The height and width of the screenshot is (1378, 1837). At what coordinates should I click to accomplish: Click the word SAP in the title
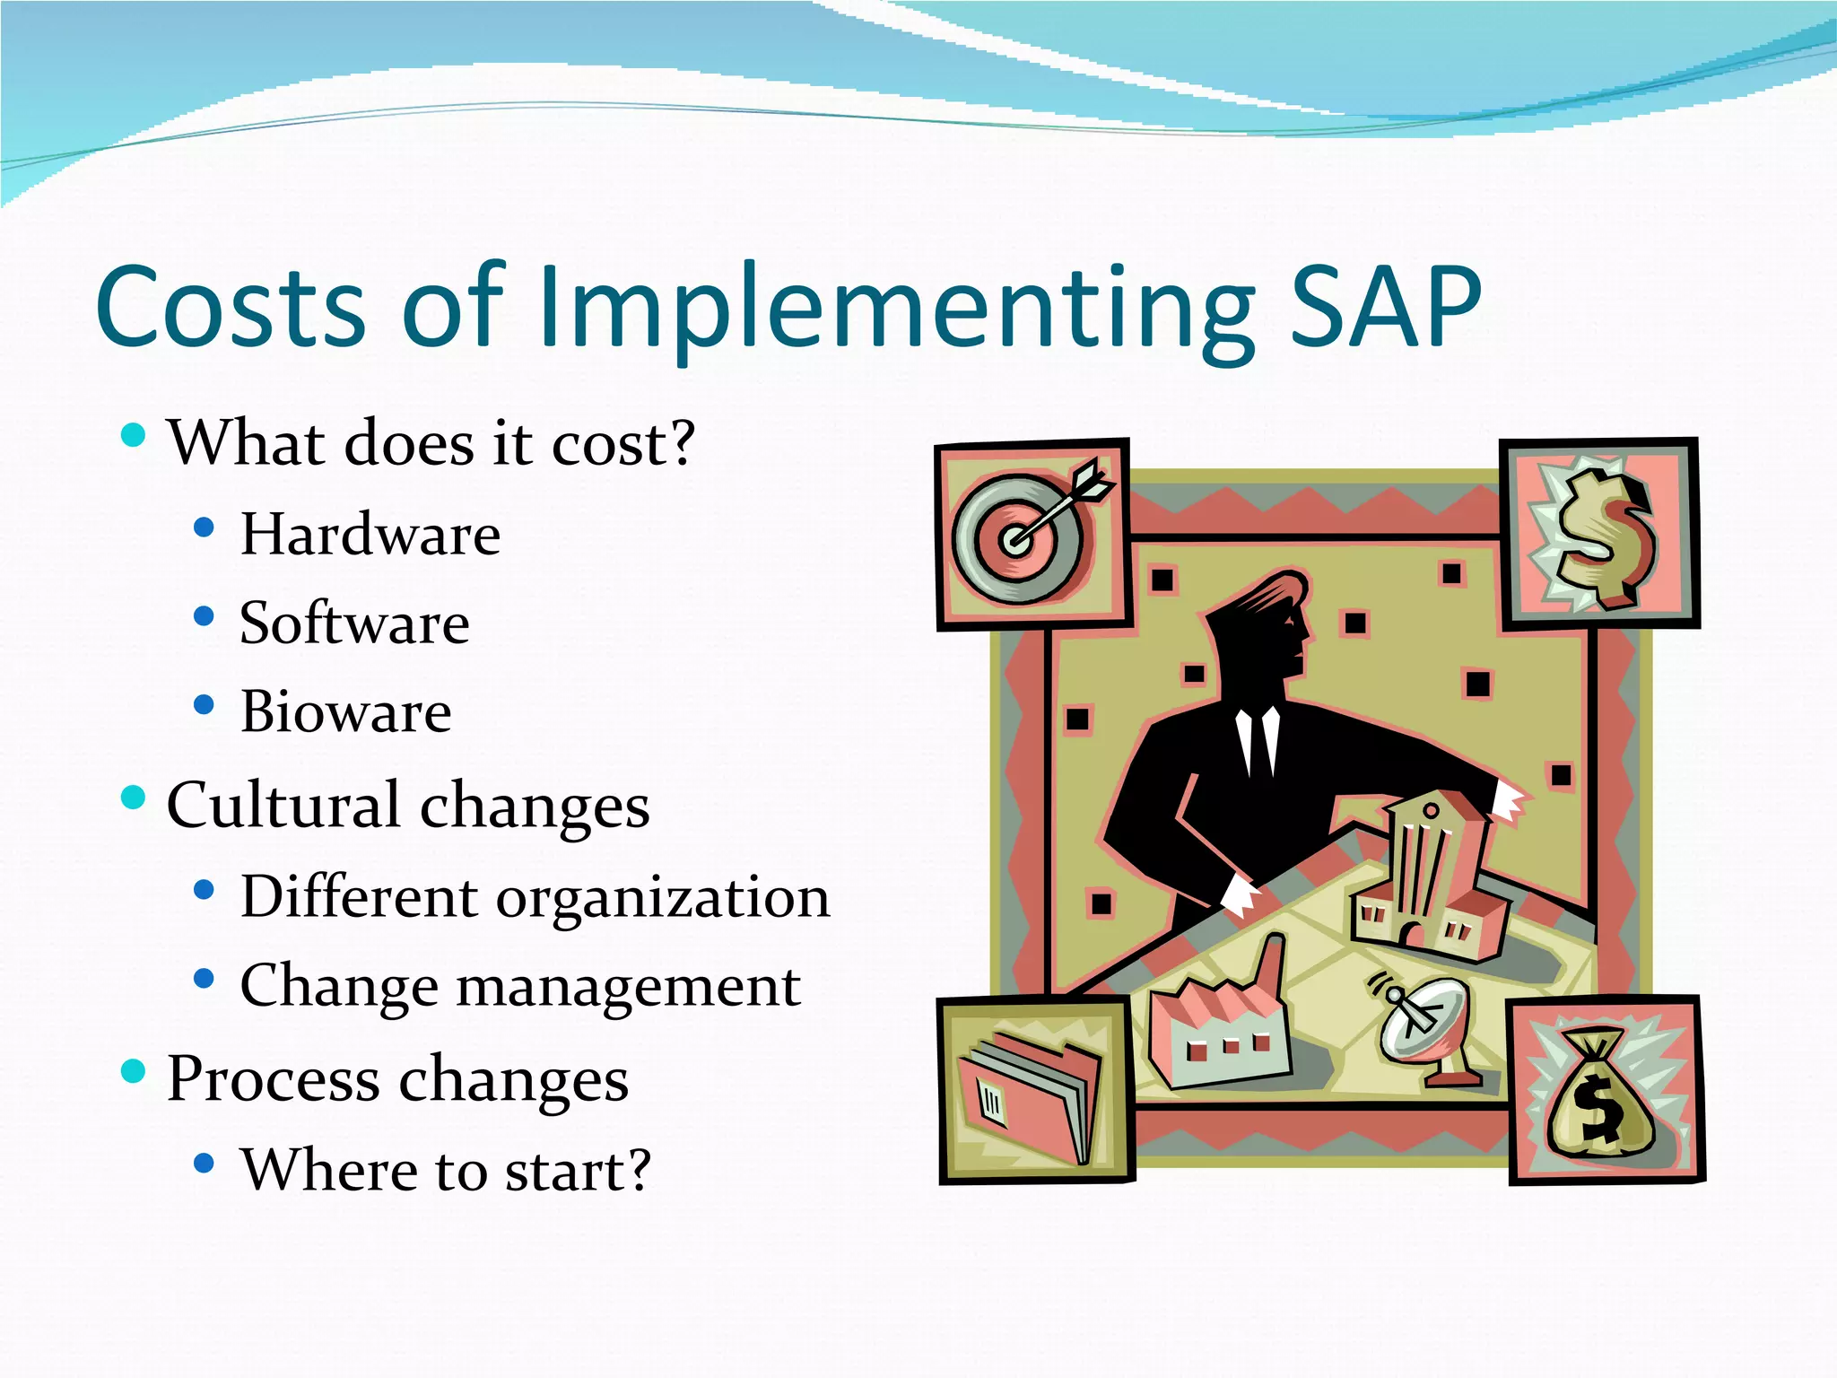pyautogui.click(x=1386, y=307)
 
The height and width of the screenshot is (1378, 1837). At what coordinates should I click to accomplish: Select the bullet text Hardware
pyautogui.click(x=370, y=535)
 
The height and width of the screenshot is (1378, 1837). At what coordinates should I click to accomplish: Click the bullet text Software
pyautogui.click(x=354, y=624)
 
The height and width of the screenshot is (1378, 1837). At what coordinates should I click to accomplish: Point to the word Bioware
pyautogui.click(x=345, y=712)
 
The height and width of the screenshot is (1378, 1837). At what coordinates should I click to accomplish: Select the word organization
pyautogui.click(x=664, y=897)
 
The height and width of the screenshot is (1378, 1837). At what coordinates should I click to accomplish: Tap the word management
pyautogui.click(x=628, y=987)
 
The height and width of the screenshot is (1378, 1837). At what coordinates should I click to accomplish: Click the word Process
pyautogui.click(x=273, y=1078)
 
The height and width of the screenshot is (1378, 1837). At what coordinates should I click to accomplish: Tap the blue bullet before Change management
pyautogui.click(x=204, y=978)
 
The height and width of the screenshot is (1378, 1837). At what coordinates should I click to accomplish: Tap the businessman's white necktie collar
pyautogui.click(x=1258, y=736)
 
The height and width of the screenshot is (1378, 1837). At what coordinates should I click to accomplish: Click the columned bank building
pyautogui.click(x=1426, y=875)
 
